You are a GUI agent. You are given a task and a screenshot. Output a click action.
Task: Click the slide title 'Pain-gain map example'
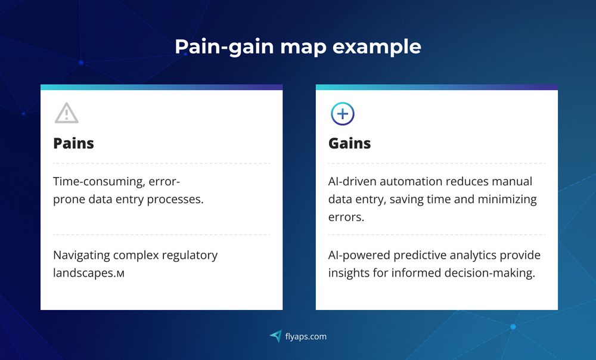point(298,46)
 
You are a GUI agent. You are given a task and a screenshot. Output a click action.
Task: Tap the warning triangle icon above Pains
point(66,113)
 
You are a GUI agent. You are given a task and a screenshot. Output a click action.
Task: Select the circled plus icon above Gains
point(342,113)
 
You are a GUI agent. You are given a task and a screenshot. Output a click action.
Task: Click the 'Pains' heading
point(73,144)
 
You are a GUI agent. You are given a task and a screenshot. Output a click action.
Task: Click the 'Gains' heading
point(349,144)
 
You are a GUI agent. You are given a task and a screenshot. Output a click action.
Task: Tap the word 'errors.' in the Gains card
point(346,217)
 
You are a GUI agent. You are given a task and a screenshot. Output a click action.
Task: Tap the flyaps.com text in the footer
point(306,337)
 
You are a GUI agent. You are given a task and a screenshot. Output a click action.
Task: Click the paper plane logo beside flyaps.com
point(275,337)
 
